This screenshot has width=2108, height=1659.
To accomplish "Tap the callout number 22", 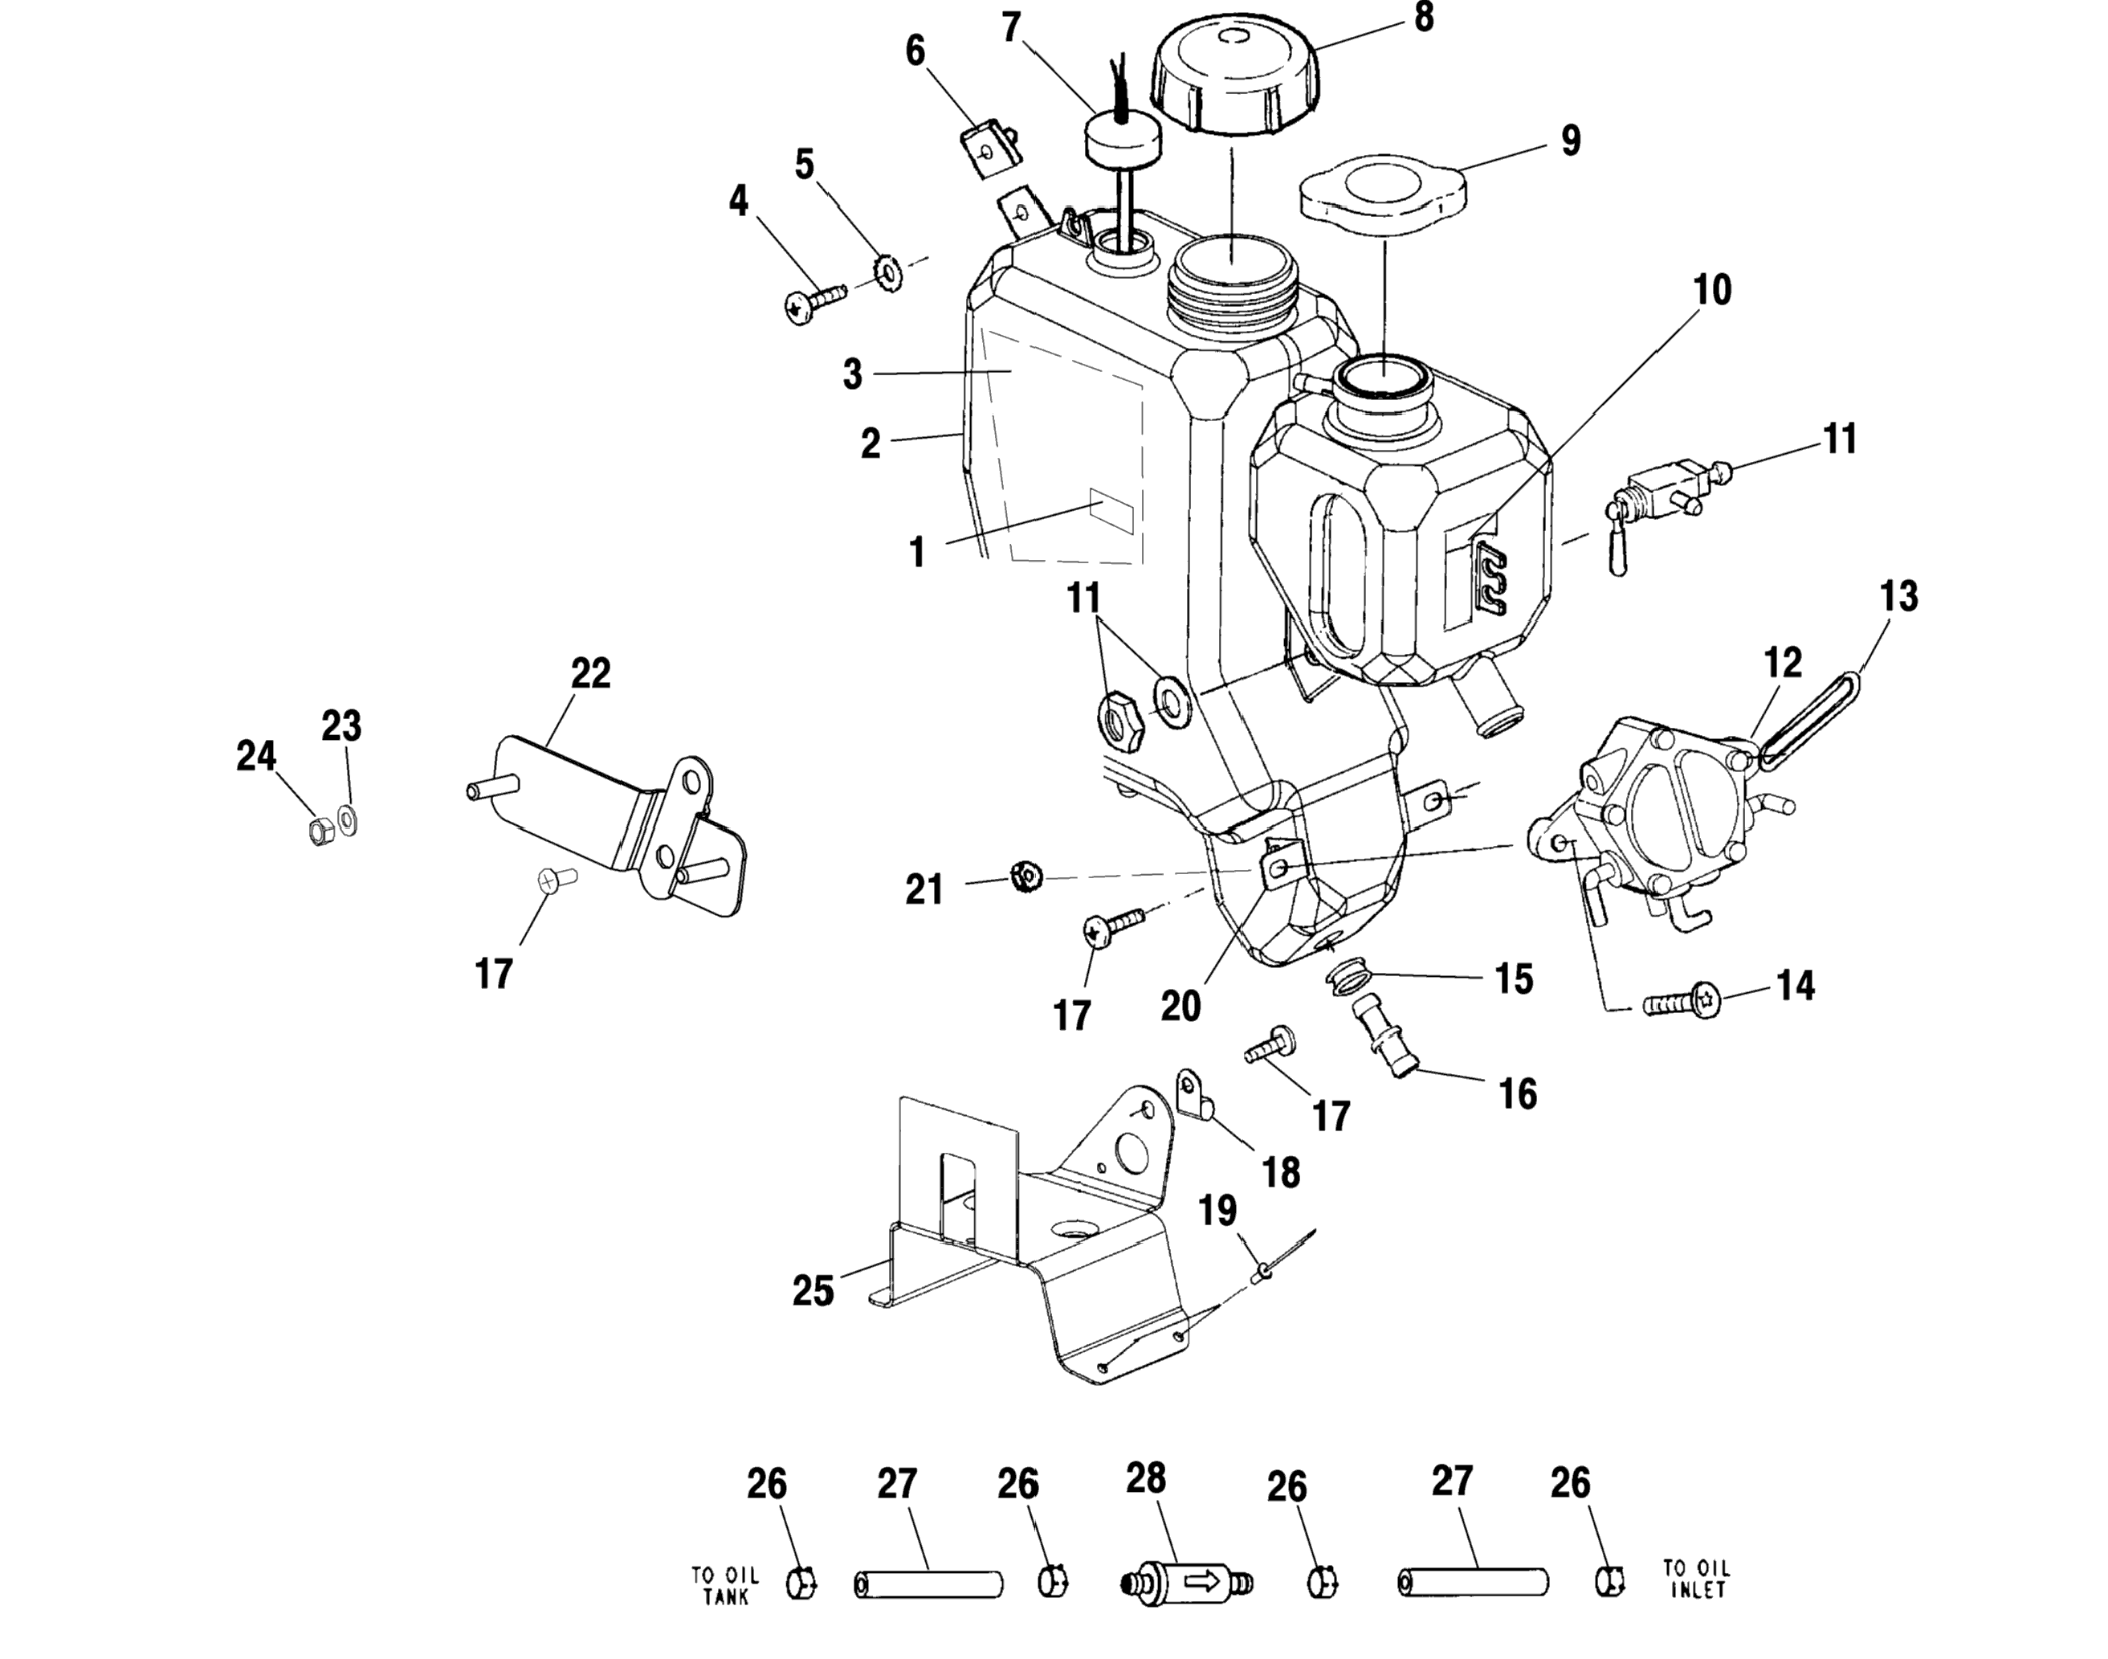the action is [x=590, y=672].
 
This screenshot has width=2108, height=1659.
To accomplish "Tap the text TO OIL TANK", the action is [x=725, y=1585].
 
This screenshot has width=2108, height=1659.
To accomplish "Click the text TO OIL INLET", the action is [x=1696, y=1579].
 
